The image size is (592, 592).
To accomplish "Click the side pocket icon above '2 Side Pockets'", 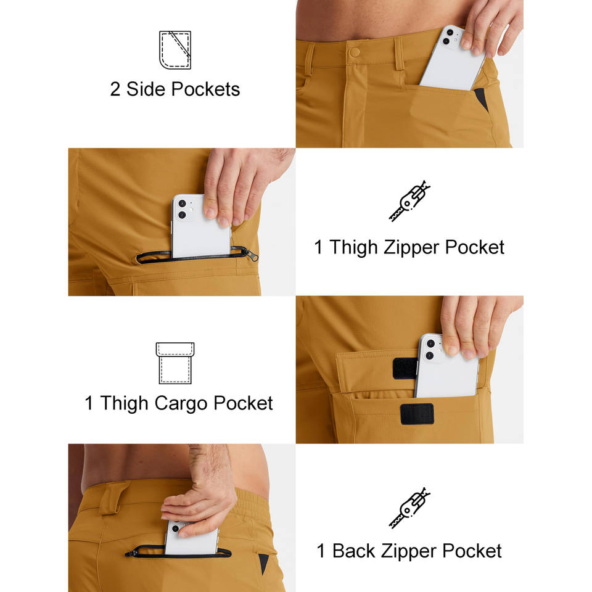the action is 175,50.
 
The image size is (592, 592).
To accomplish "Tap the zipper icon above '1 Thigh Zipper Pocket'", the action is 409,201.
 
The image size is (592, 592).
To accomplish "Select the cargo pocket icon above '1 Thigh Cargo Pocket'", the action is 175,363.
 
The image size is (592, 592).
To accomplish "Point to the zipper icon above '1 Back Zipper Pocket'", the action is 409,508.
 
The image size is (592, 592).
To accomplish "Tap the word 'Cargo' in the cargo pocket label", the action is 180,403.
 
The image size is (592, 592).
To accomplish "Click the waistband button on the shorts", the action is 355,52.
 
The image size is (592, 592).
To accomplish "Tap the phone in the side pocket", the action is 453,59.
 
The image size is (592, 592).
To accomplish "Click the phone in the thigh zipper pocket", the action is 200,226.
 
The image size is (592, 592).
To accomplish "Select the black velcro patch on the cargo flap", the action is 405,368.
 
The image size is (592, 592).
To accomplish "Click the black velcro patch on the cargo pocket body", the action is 417,414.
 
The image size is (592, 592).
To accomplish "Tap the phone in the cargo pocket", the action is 446,366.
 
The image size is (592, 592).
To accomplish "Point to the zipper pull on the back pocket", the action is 130,554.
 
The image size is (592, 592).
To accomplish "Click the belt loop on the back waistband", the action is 112,500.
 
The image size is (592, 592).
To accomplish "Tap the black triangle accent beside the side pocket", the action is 482,99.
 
